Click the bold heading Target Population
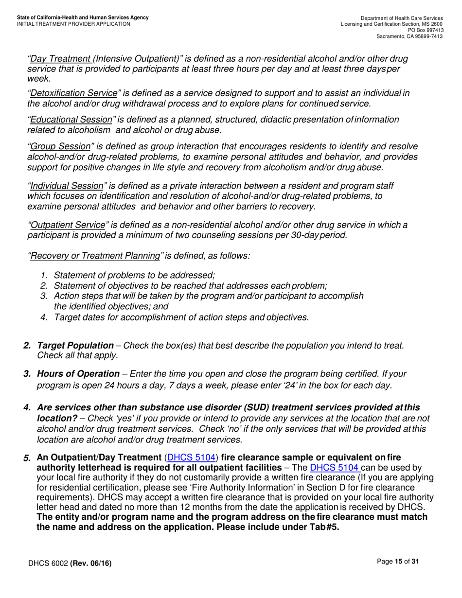pos(75,345)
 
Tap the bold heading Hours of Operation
pos(78,373)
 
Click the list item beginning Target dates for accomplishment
pos(181,317)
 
